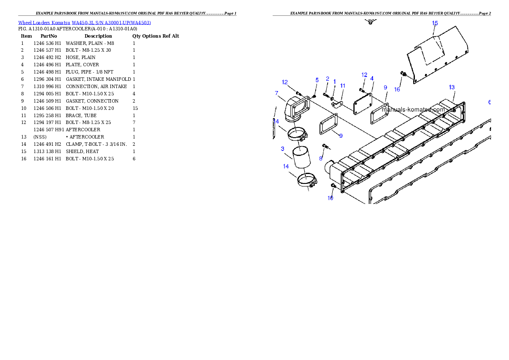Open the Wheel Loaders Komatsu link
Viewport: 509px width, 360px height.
tap(44, 23)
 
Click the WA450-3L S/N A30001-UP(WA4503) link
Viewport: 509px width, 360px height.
tap(111, 23)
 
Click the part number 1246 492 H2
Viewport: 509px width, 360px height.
tap(47, 57)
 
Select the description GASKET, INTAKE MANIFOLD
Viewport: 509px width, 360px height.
tap(98, 79)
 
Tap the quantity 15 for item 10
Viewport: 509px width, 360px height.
tap(135, 108)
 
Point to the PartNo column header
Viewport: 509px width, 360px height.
tap(49, 36)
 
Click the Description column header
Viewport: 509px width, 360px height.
tap(98, 36)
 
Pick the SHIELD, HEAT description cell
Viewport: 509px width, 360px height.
tap(82, 152)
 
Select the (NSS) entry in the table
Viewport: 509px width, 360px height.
tap(40, 137)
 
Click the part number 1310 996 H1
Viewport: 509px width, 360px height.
tap(47, 86)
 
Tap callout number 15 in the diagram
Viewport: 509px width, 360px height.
tap(435, 23)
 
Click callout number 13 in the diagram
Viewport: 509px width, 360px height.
tap(452, 87)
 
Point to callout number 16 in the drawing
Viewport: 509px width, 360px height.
tap(397, 89)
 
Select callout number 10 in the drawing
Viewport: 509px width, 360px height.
tap(330, 198)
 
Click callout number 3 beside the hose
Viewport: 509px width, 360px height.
tap(282, 149)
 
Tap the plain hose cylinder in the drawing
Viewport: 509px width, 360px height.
tap(302, 158)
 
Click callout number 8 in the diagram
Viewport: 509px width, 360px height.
tap(321, 159)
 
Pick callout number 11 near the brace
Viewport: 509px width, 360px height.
tap(343, 86)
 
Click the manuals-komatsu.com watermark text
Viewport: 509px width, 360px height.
tap(413, 109)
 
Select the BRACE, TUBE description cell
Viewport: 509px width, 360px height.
tap(81, 115)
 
